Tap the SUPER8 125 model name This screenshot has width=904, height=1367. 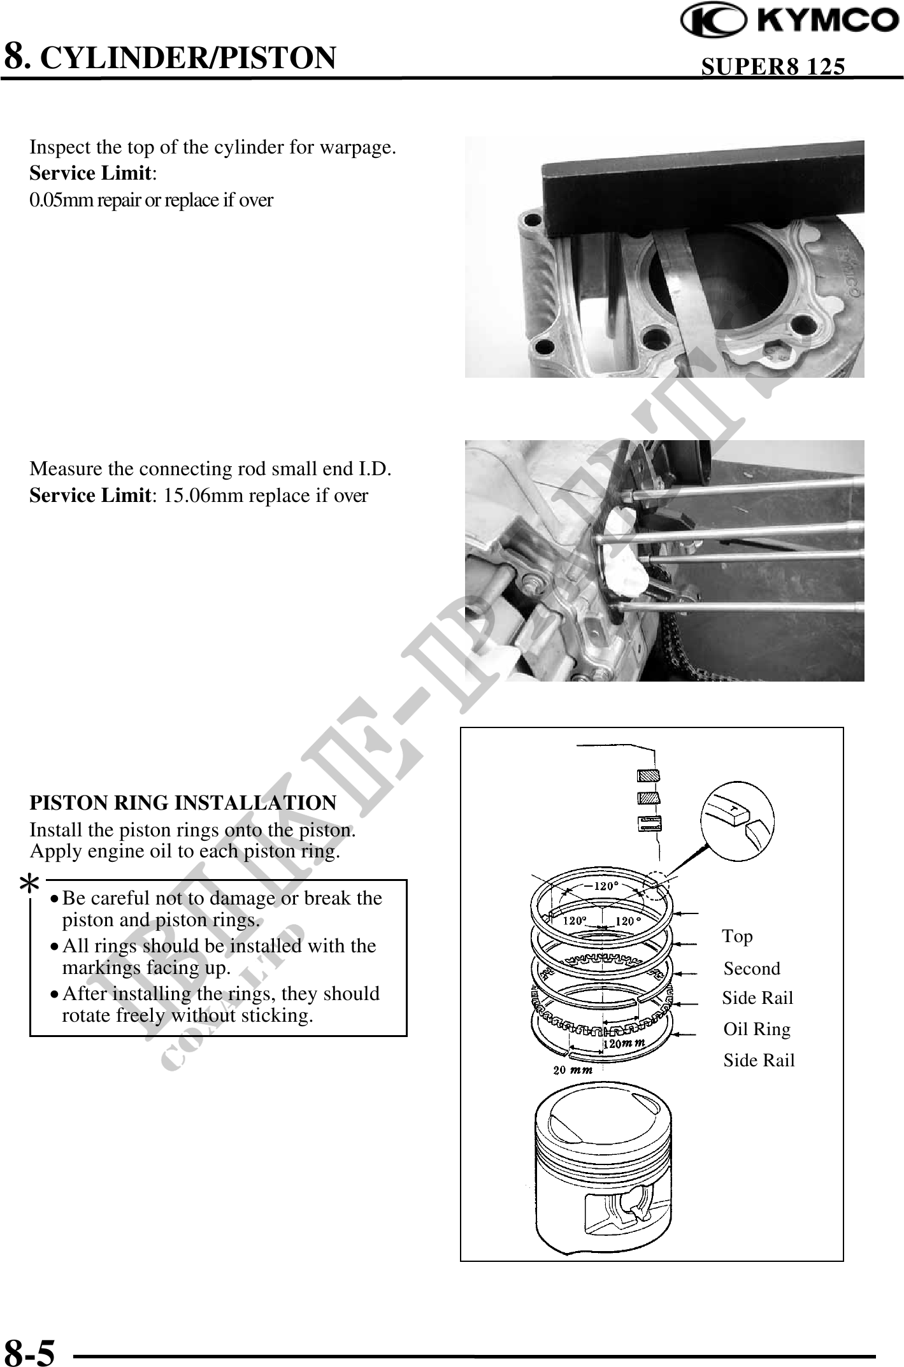pyautogui.click(x=773, y=66)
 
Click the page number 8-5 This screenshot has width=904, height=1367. pyautogui.click(x=30, y=1348)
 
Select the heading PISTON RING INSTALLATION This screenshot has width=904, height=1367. pyautogui.click(x=183, y=803)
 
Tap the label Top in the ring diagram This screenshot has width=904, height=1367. pyautogui.click(x=737, y=936)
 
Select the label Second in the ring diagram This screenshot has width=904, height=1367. pyautogui.click(x=752, y=968)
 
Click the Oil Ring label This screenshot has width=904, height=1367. pyautogui.click(x=757, y=1029)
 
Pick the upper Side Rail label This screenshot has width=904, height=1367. pyautogui.click(x=757, y=998)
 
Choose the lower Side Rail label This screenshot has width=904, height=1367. pyautogui.click(x=759, y=1061)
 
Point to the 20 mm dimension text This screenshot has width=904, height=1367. pyautogui.click(x=573, y=1070)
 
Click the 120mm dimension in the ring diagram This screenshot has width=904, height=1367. pyautogui.click(x=624, y=1043)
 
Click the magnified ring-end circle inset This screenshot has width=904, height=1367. pyautogui.click(x=737, y=820)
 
